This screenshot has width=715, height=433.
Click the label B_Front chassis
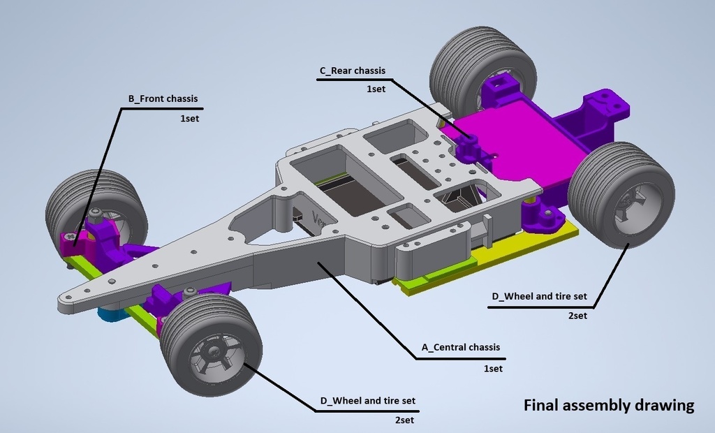click(x=163, y=99)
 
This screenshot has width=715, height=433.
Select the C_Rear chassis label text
click(x=352, y=71)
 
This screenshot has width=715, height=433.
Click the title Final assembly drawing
click(x=609, y=405)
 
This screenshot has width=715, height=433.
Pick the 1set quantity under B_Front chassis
click(x=189, y=119)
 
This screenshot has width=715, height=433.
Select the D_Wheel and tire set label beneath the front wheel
click(x=367, y=401)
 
